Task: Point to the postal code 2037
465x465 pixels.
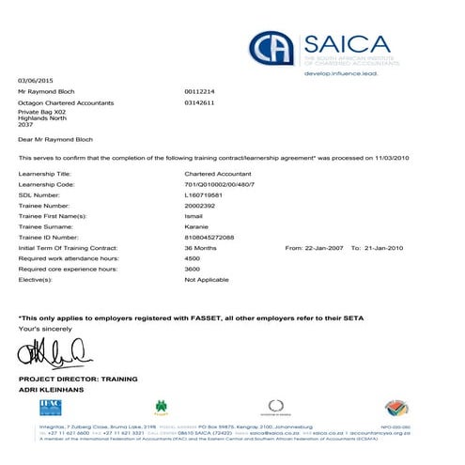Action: pyautogui.click(x=25, y=124)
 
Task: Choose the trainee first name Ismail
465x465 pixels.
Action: pyautogui.click(x=194, y=216)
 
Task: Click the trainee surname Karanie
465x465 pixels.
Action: pyautogui.click(x=197, y=226)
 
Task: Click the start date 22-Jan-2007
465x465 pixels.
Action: pyautogui.click(x=324, y=247)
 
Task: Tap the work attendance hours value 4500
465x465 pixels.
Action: pyautogui.click(x=193, y=257)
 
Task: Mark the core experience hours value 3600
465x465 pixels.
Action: pyautogui.click(x=193, y=269)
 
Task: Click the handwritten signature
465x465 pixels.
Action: pyautogui.click(x=54, y=354)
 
